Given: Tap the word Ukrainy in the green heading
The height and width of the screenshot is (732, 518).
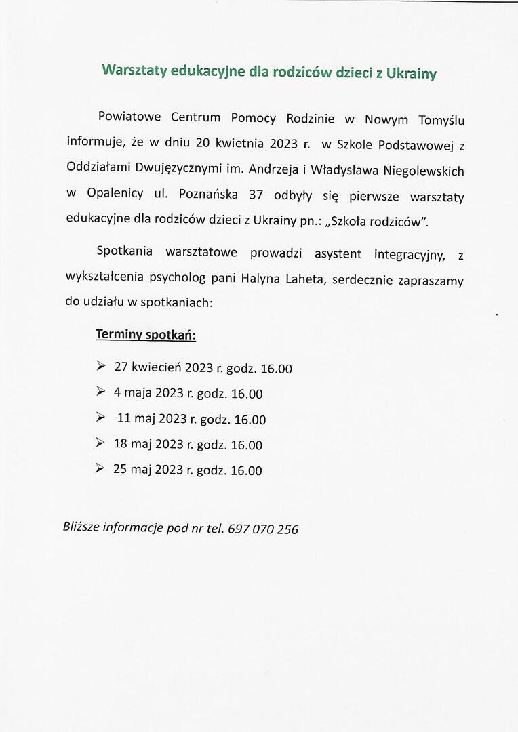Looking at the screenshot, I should point(411,73).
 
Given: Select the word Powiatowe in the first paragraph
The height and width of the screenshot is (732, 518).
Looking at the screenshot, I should point(129,116).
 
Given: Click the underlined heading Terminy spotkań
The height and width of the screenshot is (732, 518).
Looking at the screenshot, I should point(146,335).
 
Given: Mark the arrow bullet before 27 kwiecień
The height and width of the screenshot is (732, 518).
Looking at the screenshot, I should point(100,366).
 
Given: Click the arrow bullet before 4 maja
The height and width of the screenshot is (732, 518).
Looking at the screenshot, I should point(100,391).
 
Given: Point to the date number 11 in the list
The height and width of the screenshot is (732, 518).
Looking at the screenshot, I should point(123,419).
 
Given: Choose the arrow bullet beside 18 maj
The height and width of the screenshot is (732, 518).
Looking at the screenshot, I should point(100,443).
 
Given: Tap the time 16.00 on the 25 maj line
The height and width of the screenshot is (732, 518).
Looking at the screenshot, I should point(246,471).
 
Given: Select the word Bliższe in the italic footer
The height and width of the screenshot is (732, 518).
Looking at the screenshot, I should point(81,527).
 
